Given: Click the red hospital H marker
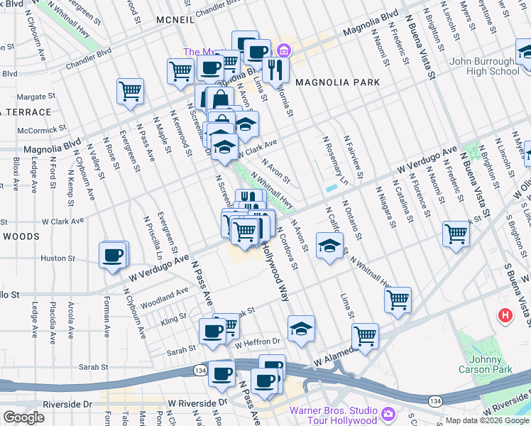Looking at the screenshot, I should pyautogui.click(x=505, y=315).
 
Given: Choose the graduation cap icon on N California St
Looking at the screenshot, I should pyautogui.click(x=329, y=246).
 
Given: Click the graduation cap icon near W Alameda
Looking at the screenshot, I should pyautogui.click(x=301, y=328).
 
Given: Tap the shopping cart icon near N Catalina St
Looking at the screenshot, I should pyautogui.click(x=456, y=234).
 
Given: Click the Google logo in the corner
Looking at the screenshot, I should pyautogui.click(x=23, y=417).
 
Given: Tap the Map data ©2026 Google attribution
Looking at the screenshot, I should pyautogui.click(x=486, y=420).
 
